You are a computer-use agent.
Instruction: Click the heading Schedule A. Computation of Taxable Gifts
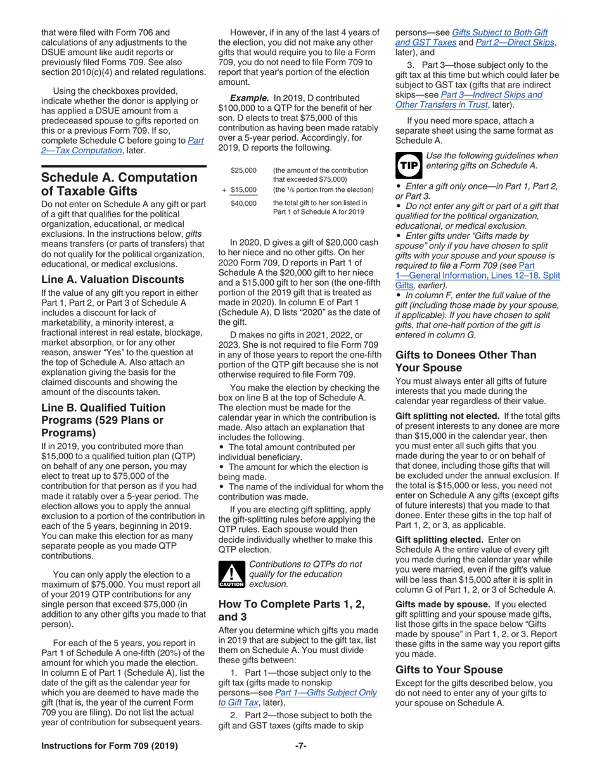[118, 184]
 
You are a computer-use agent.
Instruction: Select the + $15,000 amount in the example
[240, 189]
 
